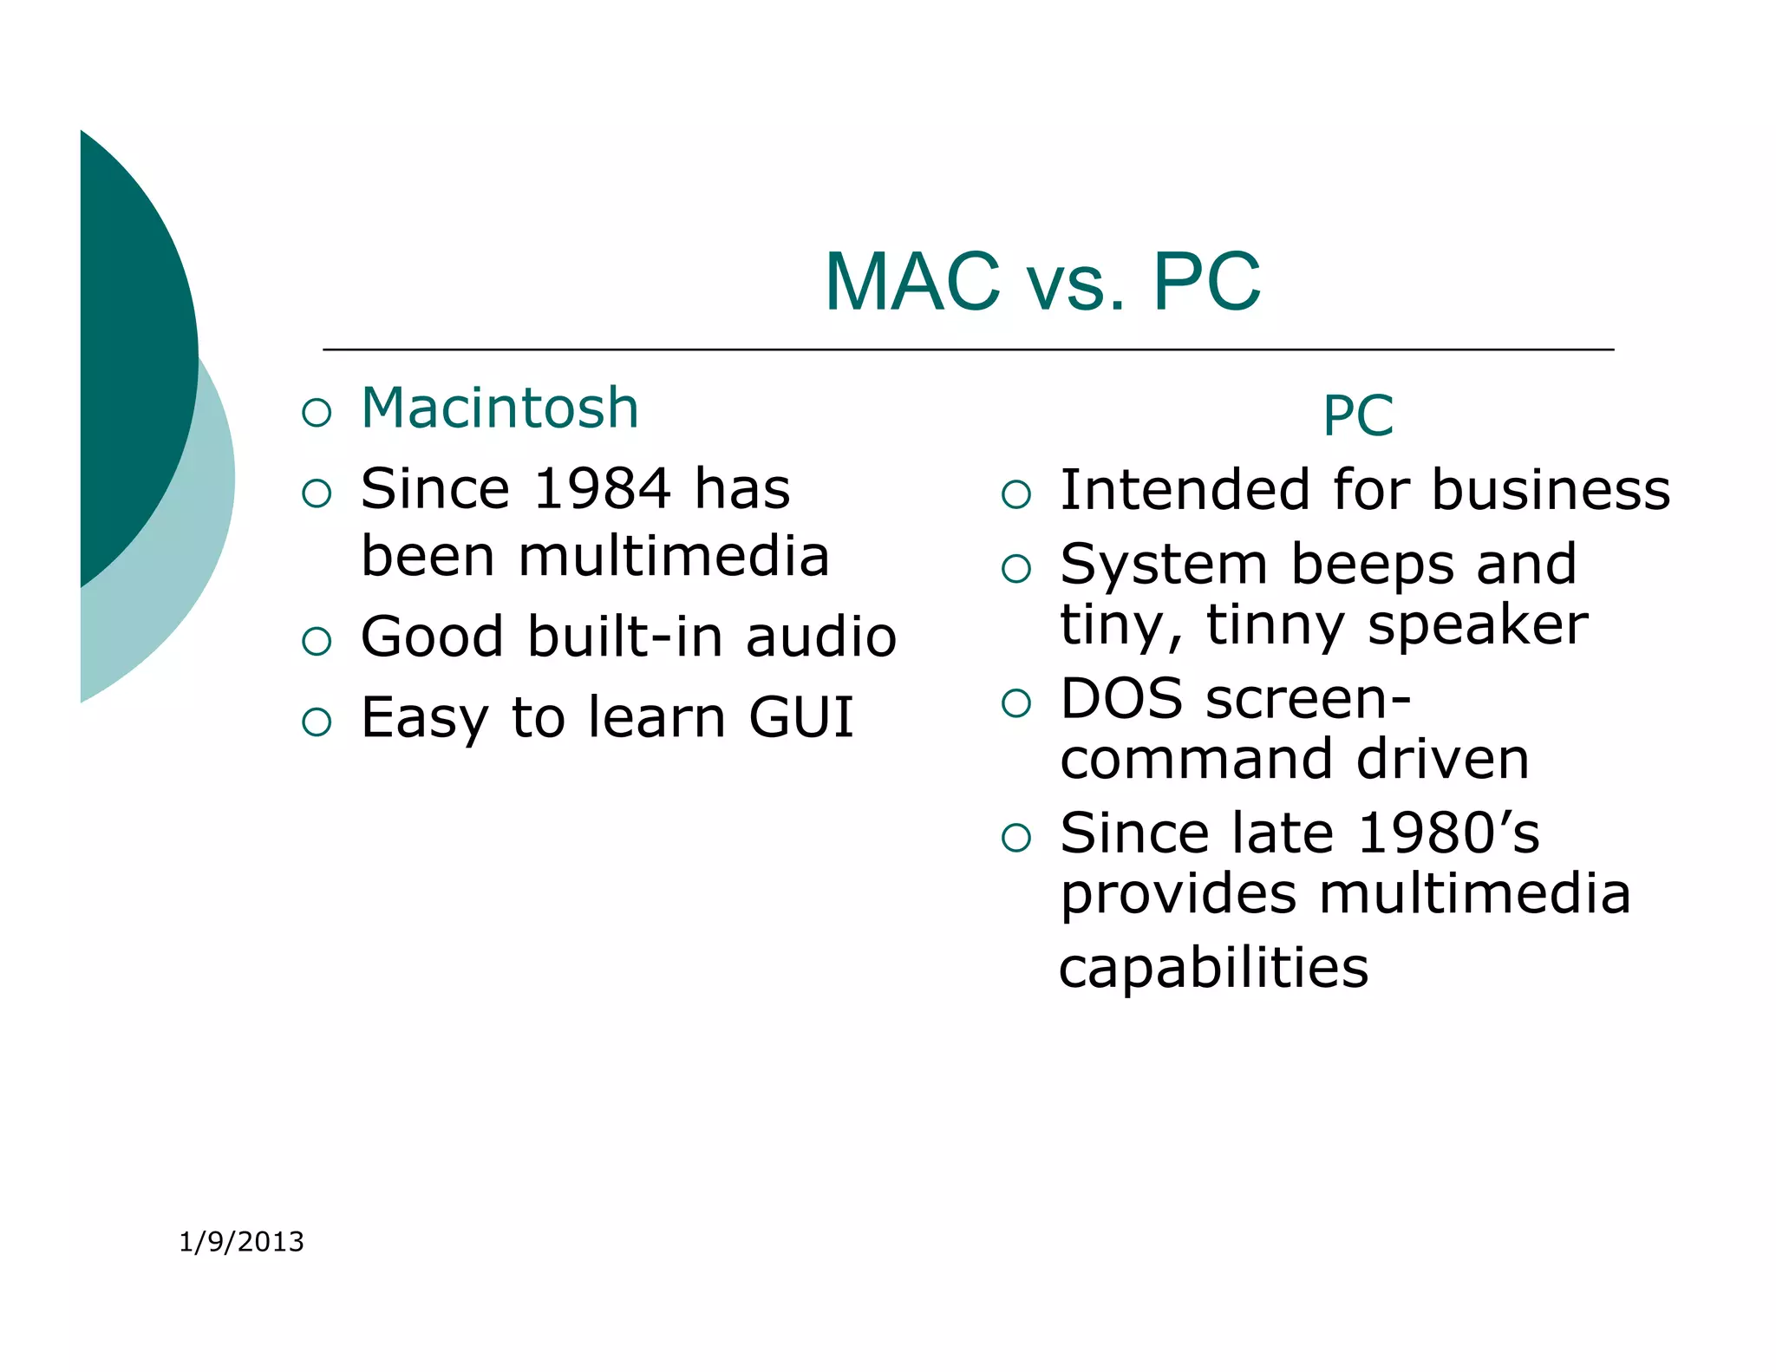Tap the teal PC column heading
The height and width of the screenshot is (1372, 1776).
coord(1357,415)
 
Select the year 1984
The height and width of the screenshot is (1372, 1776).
coord(602,488)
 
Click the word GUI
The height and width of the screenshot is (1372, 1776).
coord(801,717)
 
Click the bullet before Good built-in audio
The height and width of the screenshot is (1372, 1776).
coord(317,641)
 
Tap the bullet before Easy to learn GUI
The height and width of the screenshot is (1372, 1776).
coord(317,722)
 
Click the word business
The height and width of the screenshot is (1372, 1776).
coord(1551,490)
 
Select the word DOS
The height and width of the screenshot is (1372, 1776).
coord(1121,698)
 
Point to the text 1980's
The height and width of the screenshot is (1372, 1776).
coord(1448,833)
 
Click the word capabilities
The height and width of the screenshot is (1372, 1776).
coord(1213,968)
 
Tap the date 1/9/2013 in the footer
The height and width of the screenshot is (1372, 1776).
coord(241,1242)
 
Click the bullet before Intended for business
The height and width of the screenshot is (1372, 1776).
coord(1015,494)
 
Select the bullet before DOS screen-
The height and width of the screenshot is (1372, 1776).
coord(1015,702)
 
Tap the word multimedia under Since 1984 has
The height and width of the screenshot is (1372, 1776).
coord(673,556)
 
